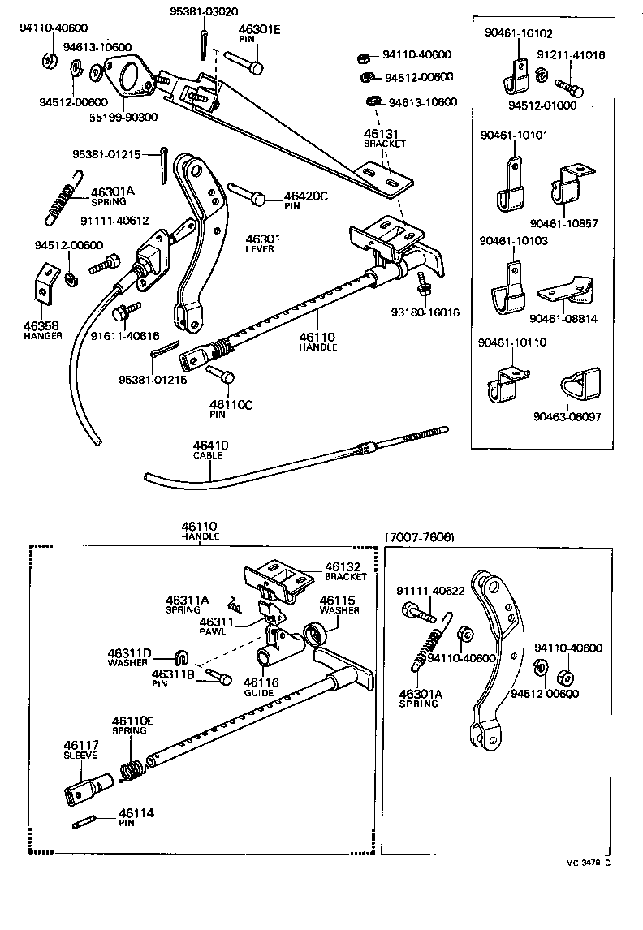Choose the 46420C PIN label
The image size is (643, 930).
point(305,200)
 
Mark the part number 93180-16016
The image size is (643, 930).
point(425,312)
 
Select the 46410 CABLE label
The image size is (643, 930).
point(210,450)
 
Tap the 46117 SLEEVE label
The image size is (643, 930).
point(80,749)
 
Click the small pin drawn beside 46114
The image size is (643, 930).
point(85,824)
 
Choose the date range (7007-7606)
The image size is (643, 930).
point(419,538)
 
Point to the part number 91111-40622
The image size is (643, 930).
point(430,590)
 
